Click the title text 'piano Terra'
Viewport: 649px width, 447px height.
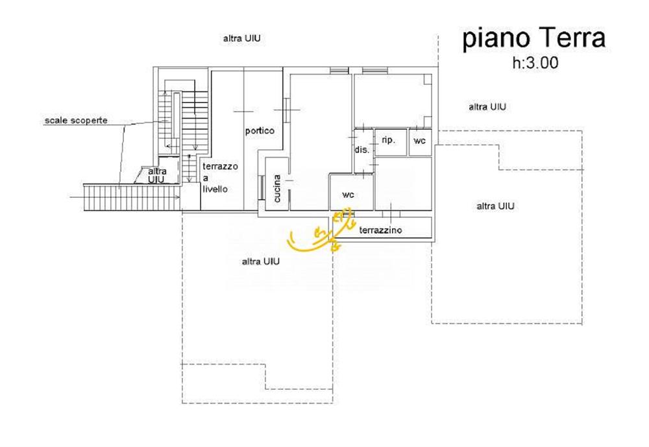click(534, 38)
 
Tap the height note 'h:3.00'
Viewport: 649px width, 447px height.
click(535, 63)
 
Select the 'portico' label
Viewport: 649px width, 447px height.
click(260, 131)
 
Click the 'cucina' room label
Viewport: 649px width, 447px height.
click(277, 189)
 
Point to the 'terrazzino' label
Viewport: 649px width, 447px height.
click(380, 230)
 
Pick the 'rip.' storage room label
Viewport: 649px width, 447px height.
click(388, 140)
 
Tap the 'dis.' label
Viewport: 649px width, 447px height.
click(361, 150)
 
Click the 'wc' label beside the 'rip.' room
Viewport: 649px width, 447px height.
click(419, 141)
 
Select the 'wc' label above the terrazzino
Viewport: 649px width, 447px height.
click(348, 194)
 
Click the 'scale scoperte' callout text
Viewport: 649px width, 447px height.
click(76, 121)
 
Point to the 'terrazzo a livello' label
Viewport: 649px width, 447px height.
click(220, 178)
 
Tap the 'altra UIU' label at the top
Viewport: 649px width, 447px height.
click(241, 38)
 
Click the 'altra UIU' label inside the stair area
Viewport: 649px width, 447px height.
click(157, 175)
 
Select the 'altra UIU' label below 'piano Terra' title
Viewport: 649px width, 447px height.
click(487, 107)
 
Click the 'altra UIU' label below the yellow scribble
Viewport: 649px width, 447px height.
click(261, 261)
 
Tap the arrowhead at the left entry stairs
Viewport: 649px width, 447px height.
click(178, 197)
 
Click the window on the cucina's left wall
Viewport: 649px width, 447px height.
click(262, 188)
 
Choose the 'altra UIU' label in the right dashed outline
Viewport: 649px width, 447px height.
click(495, 206)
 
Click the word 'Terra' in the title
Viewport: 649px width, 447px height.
click(572, 38)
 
